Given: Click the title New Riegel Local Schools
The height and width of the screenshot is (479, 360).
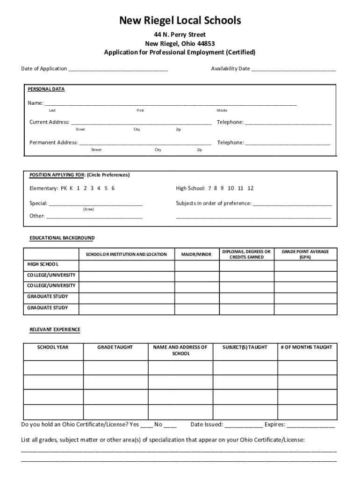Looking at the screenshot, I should click(180, 21).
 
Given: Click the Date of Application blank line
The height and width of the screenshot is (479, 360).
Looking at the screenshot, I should click(118, 70).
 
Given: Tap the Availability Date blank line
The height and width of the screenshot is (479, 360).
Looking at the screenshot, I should click(294, 70).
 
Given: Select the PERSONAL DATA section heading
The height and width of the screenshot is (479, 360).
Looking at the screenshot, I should click(46, 89).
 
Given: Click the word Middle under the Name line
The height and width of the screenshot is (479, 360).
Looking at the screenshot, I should click(222, 110).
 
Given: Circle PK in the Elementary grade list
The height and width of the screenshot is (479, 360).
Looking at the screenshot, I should click(64, 188).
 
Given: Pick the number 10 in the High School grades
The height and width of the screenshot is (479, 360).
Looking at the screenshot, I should click(231, 188).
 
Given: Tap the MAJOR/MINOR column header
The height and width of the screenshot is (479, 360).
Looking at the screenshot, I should click(196, 254).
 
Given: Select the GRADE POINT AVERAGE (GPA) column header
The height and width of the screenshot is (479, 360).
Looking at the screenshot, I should click(305, 254).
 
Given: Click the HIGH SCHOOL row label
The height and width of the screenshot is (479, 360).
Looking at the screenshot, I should click(43, 264).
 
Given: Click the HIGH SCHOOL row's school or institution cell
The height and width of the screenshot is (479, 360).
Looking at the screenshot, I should click(126, 266).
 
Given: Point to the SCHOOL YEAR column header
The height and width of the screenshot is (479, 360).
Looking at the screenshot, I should click(53, 347).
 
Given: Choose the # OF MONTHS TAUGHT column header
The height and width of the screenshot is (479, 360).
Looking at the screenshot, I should click(306, 347).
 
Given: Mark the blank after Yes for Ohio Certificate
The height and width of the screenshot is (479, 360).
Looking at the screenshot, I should click(147, 426).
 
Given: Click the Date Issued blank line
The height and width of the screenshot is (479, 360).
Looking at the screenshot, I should click(244, 426).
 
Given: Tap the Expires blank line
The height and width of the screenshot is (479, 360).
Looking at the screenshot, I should click(311, 426).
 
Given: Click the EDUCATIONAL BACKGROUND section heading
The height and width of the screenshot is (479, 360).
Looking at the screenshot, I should click(62, 238).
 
